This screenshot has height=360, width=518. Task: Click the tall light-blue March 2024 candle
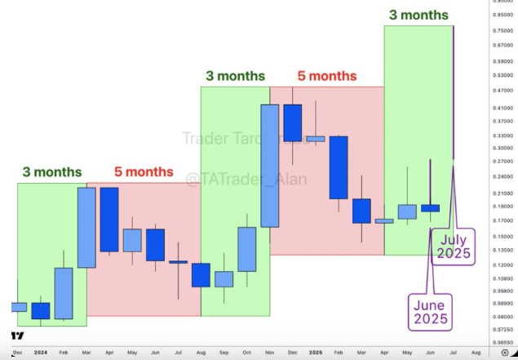tap(86, 228)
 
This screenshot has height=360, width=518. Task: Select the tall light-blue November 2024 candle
tap(270, 166)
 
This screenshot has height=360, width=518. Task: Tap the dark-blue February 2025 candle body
tap(339, 167)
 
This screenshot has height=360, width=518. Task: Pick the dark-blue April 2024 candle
tap(109, 219)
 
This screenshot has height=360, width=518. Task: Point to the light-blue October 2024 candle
tap(247, 249)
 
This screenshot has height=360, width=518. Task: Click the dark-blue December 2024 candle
tap(292, 123)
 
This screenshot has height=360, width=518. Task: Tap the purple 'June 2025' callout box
tap(430, 311)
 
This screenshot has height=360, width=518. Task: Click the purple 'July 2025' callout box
tap(454, 247)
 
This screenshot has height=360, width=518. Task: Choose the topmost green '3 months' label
tap(418, 15)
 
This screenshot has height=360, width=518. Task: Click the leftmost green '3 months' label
tap(52, 172)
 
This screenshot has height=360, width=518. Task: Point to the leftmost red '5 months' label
tap(144, 172)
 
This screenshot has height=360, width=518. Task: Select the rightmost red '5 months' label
tap(326, 76)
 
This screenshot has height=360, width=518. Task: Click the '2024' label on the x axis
tap(40, 351)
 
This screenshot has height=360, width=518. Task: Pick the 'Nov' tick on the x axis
tap(270, 351)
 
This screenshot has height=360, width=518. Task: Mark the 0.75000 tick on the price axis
tap(503, 30)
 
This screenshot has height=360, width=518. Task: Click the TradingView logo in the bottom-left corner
tap(17, 335)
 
